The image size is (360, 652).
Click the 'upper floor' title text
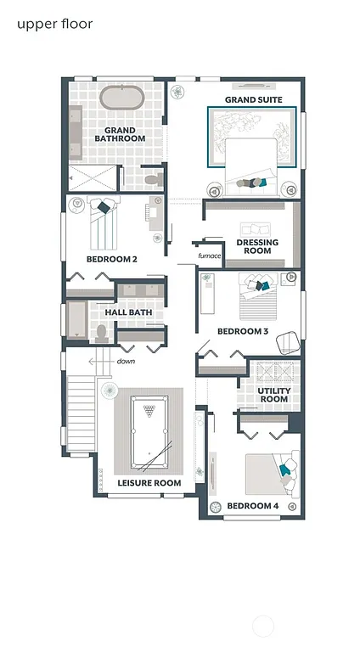tap(54, 24)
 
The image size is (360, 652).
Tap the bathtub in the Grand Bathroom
tap(123, 98)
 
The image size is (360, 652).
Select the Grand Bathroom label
tap(119, 134)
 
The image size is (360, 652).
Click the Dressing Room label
tap(256, 246)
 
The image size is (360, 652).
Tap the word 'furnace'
tap(210, 256)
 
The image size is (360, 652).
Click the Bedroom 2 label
tap(111, 259)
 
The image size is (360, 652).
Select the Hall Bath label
tap(128, 312)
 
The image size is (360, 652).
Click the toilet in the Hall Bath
tap(101, 334)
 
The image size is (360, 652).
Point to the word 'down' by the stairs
tap(126, 361)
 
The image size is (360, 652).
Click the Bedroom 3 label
tap(243, 331)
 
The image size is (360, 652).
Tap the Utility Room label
tap(273, 394)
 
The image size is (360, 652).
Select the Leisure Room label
tap(149, 483)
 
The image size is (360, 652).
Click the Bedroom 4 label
tap(252, 507)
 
